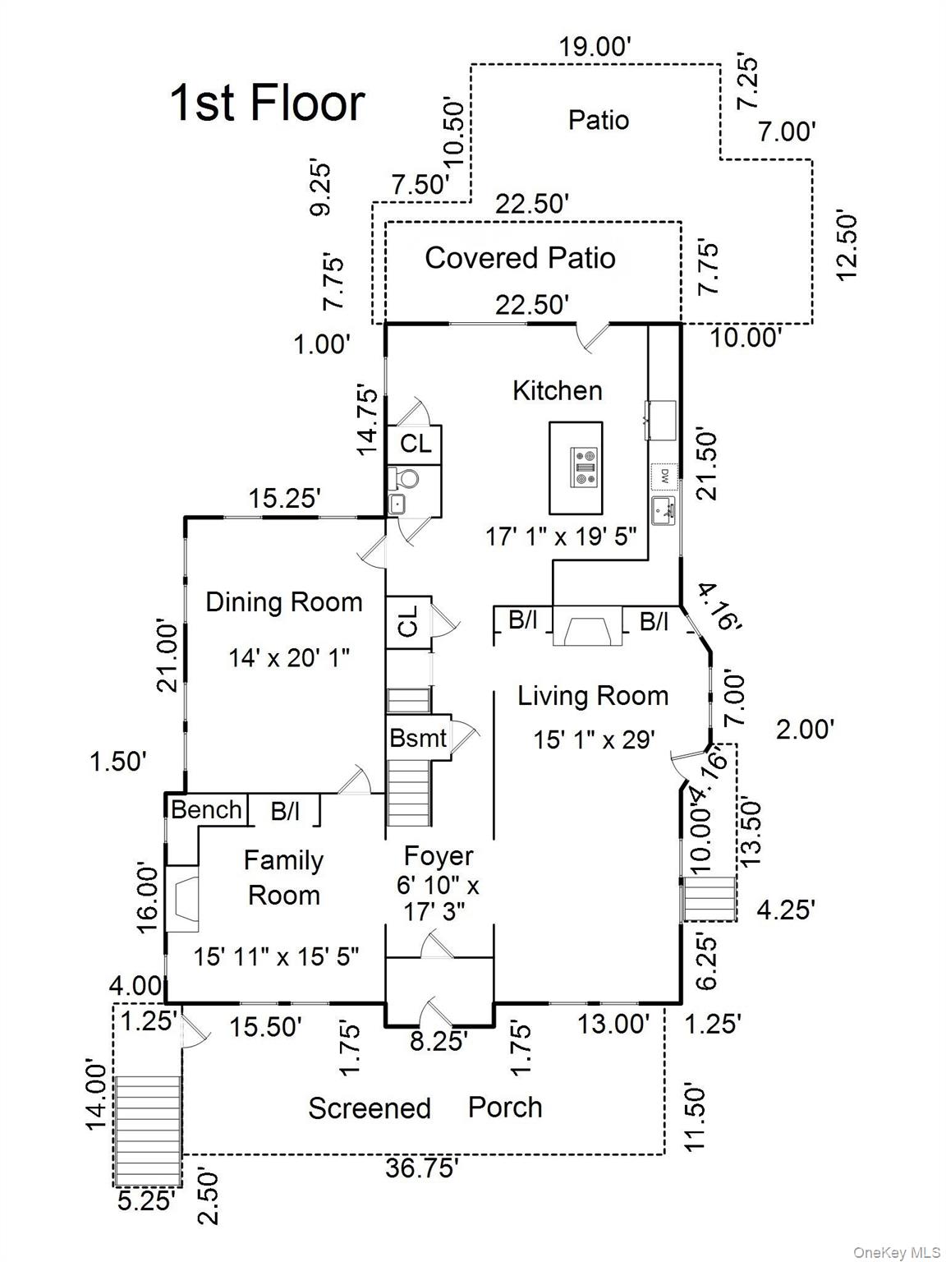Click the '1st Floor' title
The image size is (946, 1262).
267,104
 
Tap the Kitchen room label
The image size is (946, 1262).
557,390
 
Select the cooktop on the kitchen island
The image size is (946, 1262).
586,466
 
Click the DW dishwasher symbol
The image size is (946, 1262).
664,475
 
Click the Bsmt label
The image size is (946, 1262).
418,738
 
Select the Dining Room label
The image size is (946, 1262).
283,601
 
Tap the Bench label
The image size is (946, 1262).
206,809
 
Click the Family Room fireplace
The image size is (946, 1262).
182,904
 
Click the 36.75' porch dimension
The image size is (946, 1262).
421,1168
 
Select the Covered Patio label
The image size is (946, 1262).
520,258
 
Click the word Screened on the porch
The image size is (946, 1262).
369,1108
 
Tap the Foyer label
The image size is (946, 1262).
439,856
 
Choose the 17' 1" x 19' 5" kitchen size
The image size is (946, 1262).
561,537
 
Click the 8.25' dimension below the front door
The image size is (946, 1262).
439,1040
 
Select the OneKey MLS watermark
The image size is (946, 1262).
897,1252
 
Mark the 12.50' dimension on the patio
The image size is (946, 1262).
847,246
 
